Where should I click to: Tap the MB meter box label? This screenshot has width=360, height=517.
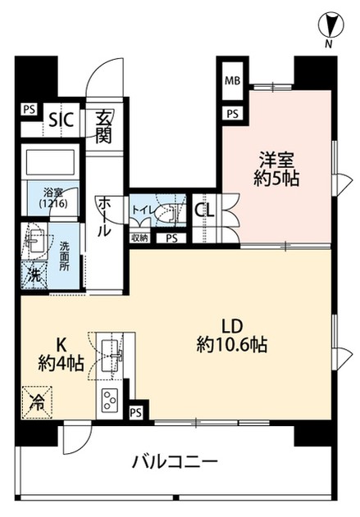coord(232,80)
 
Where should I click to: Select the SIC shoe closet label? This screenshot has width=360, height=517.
coord(61,120)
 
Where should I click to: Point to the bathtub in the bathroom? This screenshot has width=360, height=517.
coord(50,162)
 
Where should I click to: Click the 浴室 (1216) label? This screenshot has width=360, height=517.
coord(53,198)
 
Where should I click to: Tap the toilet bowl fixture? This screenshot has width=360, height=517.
coord(166,211)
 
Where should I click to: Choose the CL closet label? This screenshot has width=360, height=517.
coord(204,211)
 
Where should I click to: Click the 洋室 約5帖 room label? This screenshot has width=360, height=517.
coord(276,169)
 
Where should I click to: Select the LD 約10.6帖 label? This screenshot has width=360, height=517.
coord(232,336)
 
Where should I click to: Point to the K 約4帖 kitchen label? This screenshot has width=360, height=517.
coord(61,355)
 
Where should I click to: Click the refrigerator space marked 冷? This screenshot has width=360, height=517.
coord(37,402)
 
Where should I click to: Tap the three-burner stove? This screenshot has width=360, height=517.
coord(110,400)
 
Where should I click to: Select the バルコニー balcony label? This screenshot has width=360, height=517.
coord(175,460)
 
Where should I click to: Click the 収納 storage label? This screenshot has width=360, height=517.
coord(140,238)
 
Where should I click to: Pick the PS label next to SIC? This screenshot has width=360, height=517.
coord(30,109)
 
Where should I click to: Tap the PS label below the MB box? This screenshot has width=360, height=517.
coord(232,114)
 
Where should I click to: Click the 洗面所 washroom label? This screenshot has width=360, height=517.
coord(65,256)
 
